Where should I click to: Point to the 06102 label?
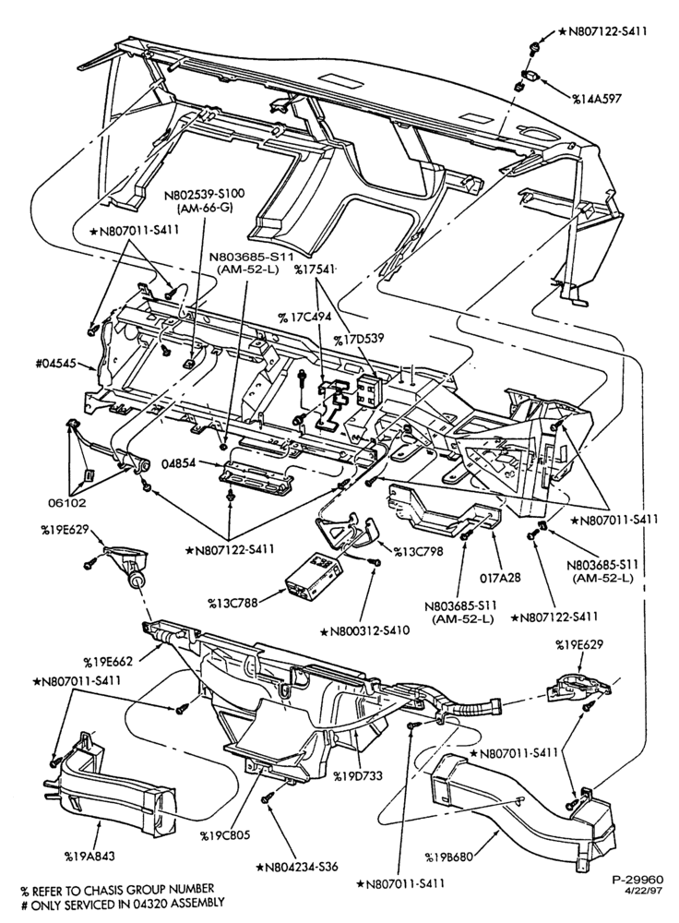67,503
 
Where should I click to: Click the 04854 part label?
179,462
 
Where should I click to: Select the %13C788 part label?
232,602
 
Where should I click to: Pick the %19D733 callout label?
358,776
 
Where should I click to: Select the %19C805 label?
224,835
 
